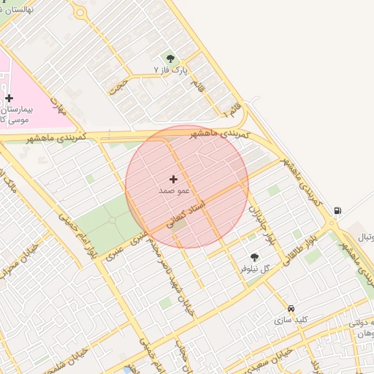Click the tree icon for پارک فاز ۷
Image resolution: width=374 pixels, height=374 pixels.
[171, 58]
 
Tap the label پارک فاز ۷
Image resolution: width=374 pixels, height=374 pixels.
[171, 70]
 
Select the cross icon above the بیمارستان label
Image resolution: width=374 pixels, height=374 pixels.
[9, 98]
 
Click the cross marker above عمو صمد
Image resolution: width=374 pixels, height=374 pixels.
[173, 179]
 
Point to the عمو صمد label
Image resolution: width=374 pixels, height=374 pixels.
[174, 190]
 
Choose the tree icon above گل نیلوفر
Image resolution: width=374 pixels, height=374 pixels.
[254, 257]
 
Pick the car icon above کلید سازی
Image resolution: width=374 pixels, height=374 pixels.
[291, 308]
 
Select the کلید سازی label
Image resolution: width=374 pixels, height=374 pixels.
[291, 320]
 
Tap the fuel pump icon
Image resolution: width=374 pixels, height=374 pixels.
[337, 211]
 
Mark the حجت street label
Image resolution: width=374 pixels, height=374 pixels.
[118, 88]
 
